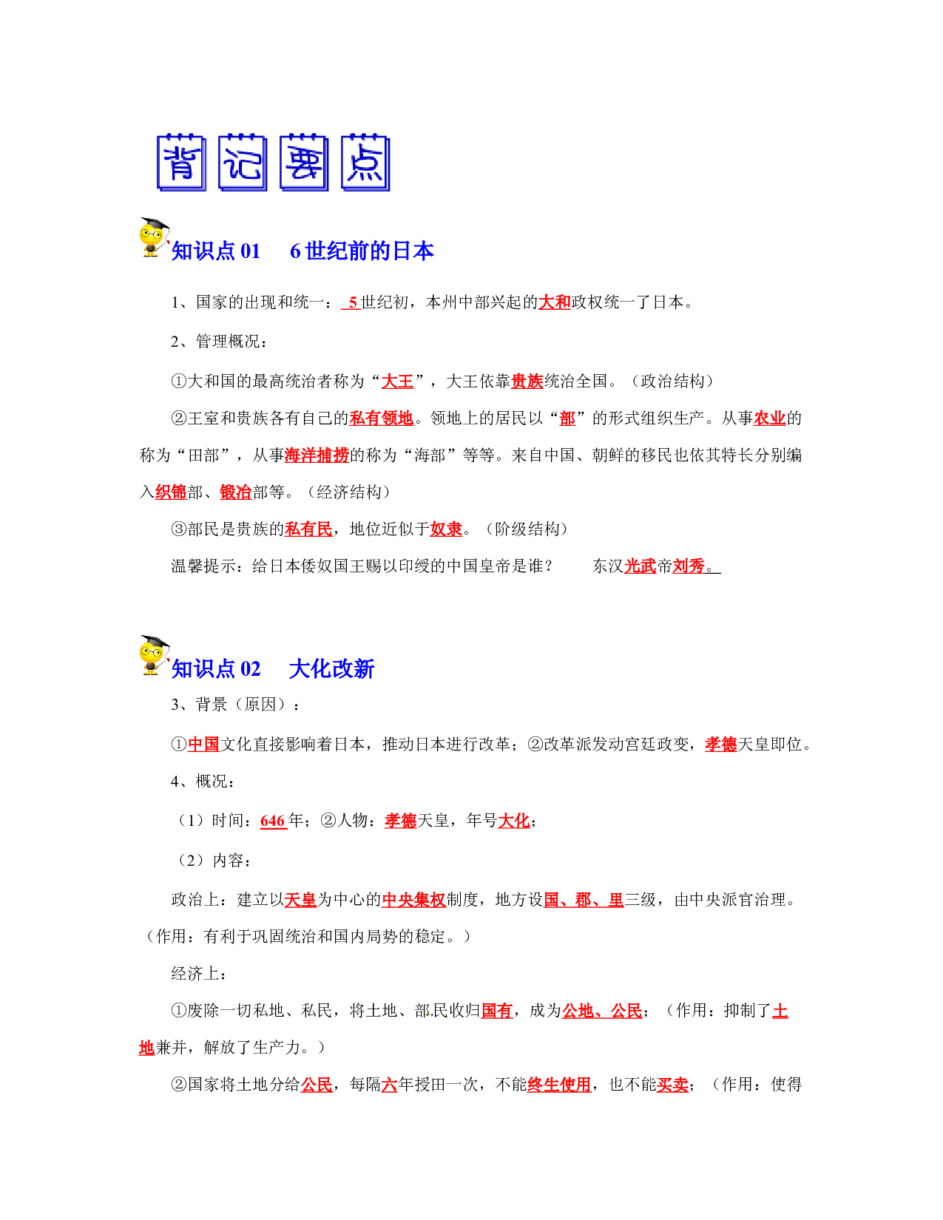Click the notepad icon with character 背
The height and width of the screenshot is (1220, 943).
pos(181,162)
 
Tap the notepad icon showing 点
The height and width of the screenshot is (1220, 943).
pos(365,162)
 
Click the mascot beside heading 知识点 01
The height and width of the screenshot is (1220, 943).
pos(154,237)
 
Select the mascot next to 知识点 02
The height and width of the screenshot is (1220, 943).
pos(154,654)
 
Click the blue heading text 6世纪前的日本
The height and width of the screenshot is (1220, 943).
pos(362,251)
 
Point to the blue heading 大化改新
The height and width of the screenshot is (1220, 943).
pos(331,668)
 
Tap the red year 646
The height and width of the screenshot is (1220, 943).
pos(273,821)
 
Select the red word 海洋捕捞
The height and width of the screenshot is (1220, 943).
pos(317,455)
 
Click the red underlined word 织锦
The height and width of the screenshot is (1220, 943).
pos(171,492)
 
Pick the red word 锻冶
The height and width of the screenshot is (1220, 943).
pos(235,492)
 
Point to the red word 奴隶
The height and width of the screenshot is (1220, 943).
pos(446,529)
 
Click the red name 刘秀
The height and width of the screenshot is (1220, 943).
pos(689,566)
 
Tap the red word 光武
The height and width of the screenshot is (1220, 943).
pos(641,566)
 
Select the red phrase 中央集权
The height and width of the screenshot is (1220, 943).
pos(414,899)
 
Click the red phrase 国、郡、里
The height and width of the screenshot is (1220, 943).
pos(584,899)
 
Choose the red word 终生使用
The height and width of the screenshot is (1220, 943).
pos(559,1084)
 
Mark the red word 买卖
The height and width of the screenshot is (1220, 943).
pos(673,1084)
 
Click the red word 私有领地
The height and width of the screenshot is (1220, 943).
pos(382,418)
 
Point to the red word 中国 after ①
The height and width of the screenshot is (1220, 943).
pos(203,744)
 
